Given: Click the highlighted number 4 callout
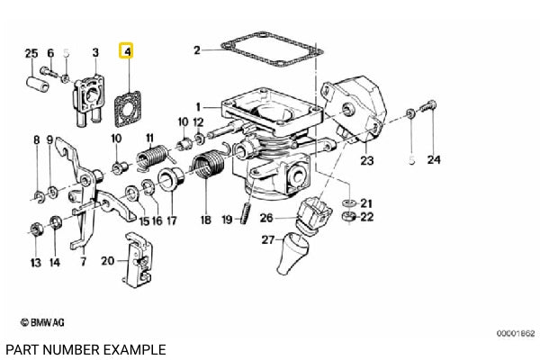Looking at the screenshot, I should click(x=128, y=53).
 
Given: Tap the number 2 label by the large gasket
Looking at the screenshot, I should click(x=197, y=49).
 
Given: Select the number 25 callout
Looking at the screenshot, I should click(x=31, y=53).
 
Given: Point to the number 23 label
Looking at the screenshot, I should click(x=366, y=162).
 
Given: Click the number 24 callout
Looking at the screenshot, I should click(x=435, y=161).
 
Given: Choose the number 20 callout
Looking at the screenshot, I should click(x=107, y=260).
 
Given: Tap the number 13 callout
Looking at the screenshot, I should click(x=35, y=263).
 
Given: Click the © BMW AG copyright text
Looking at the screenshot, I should click(x=39, y=321).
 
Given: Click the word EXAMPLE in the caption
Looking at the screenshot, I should click(x=133, y=348).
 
